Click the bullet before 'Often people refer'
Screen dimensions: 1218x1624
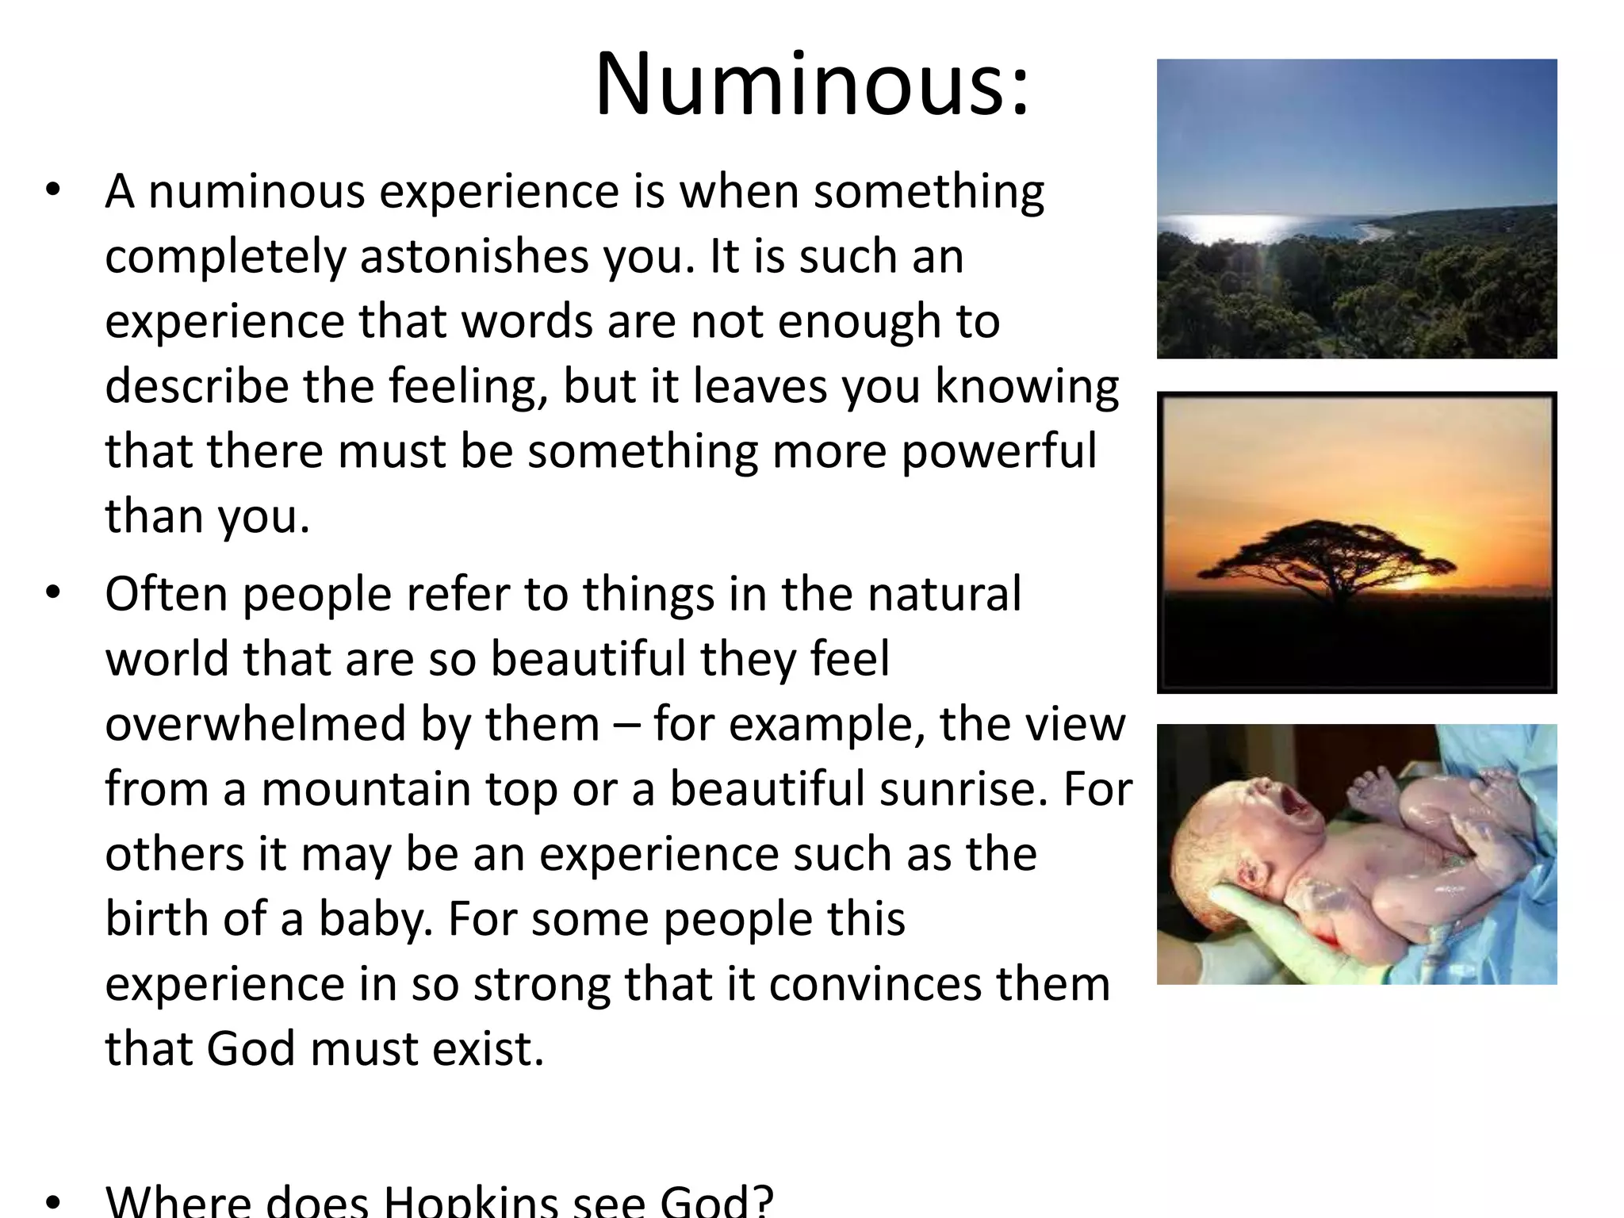coord(53,593)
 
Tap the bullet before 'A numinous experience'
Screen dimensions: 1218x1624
coord(53,190)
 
